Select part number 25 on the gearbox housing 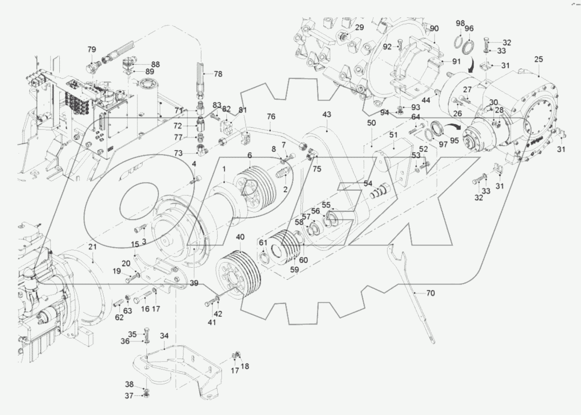click(538, 59)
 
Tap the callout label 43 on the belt click(327, 116)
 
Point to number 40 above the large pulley click(240, 237)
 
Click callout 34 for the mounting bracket click(164, 335)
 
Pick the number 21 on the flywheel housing click(92, 246)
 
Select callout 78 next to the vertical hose click(218, 74)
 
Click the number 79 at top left click(92, 49)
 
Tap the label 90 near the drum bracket click(434, 29)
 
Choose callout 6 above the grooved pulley click(250, 155)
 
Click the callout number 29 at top click(359, 27)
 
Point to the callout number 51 click(394, 135)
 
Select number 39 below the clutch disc click(193, 283)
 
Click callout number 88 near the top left click(142, 64)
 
